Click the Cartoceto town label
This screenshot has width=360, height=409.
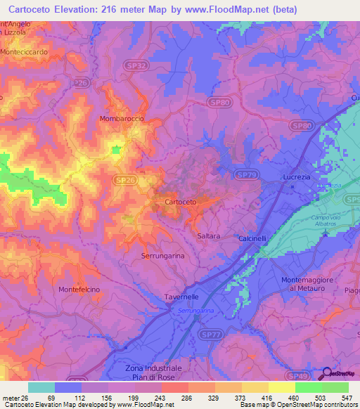[x=180, y=202]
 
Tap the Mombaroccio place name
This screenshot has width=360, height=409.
[x=122, y=119]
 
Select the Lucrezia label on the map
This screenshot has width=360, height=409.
[x=297, y=177]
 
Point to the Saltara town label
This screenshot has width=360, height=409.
[x=209, y=236]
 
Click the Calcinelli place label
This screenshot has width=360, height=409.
[x=252, y=238]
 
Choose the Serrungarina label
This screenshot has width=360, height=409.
[x=163, y=256]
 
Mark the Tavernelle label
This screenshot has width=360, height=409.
[x=173, y=297]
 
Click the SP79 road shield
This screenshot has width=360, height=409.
[x=245, y=174]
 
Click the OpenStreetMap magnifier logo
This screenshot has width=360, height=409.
[x=326, y=373]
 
